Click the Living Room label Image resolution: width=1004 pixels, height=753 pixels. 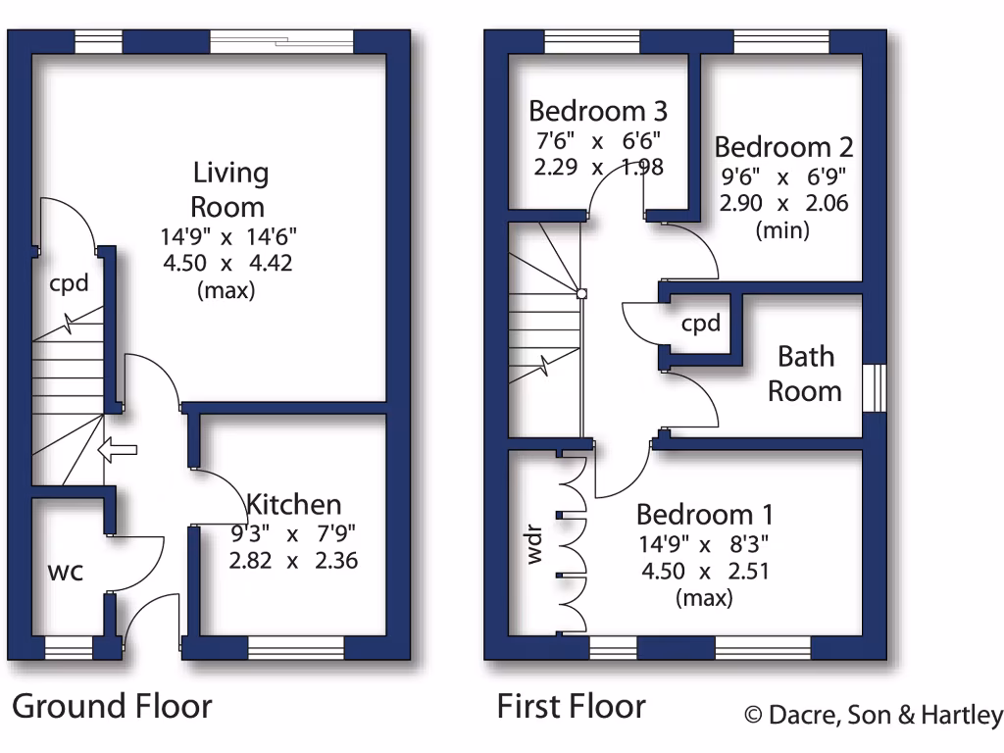[x=229, y=190]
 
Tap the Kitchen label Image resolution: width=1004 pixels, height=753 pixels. [x=294, y=505]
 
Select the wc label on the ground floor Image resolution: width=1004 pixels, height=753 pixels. [x=66, y=571]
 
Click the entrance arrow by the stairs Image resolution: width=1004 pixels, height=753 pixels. [x=118, y=451]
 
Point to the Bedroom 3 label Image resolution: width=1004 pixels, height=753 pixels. [x=598, y=109]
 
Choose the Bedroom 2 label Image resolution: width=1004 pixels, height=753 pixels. [x=783, y=147]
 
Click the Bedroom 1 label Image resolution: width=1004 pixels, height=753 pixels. [x=705, y=514]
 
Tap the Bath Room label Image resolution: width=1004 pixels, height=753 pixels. [x=805, y=374]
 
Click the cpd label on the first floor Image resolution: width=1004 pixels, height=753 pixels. [x=701, y=324]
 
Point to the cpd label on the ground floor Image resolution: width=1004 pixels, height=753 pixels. [x=70, y=284]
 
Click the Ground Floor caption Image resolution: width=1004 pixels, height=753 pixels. [x=112, y=706]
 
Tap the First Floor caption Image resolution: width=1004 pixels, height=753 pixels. [x=571, y=706]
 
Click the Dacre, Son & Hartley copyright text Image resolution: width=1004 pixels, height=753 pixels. [x=874, y=715]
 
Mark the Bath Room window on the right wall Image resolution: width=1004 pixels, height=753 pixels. [x=875, y=387]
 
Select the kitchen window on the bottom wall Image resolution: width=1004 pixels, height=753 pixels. [x=296, y=648]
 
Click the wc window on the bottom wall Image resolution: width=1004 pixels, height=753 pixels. [x=69, y=648]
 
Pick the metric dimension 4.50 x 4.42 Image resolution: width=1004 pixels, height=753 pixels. [x=229, y=263]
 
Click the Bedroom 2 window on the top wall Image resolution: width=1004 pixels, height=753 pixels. [x=781, y=41]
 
